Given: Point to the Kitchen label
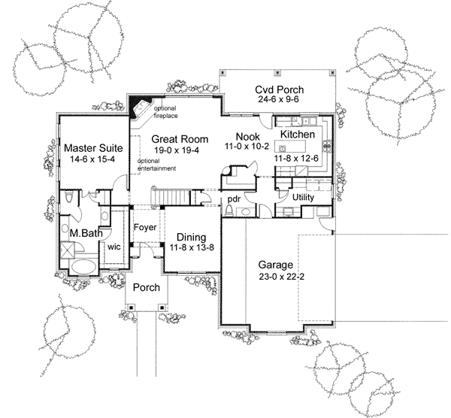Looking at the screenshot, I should click(297, 134).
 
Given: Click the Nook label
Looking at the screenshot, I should click(247, 135).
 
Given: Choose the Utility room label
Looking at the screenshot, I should click(304, 197).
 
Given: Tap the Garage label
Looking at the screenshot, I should click(276, 265).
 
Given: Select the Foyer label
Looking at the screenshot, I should click(145, 227).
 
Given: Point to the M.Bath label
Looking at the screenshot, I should click(86, 233).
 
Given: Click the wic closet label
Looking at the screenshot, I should click(115, 245).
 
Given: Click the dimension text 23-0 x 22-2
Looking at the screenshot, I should click(276, 277).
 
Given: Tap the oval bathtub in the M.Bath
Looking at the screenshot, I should click(83, 266).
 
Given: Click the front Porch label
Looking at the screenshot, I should click(145, 288).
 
